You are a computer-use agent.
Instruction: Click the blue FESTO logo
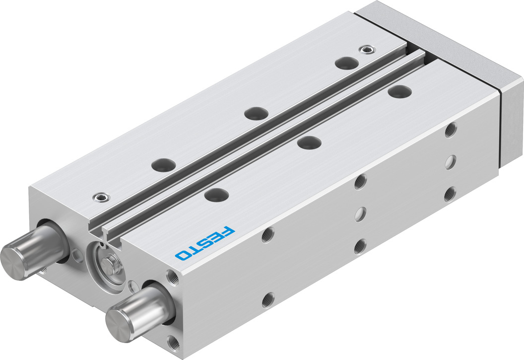(204, 243)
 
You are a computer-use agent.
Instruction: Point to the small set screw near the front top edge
(100, 197)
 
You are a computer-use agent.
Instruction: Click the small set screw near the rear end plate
(367, 50)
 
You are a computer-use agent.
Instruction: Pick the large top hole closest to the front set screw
(163, 164)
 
